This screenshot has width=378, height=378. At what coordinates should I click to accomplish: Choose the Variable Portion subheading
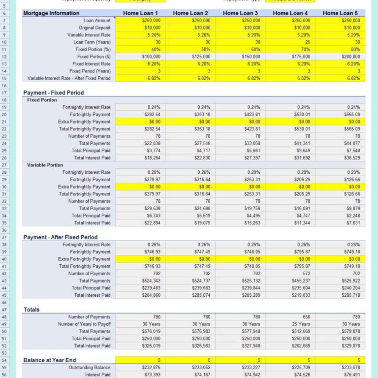pos(45,165)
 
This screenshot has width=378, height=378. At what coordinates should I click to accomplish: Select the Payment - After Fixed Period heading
pos(60,237)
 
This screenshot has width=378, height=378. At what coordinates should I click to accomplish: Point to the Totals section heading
pos(32,310)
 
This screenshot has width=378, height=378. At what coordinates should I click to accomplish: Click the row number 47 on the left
pos(4,310)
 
